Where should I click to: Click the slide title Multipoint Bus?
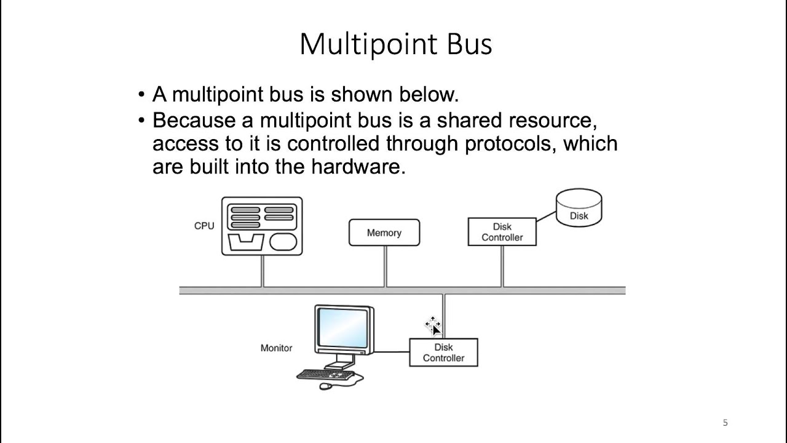395,44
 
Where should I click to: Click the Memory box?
384,233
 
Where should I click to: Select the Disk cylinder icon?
579,209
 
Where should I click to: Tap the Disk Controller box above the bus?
502,232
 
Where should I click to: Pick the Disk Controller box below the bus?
443,353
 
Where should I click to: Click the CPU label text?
204,226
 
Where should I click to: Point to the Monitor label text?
276,348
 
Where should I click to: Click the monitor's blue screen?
343,328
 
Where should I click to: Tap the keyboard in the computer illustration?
326,374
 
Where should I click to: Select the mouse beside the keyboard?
325,386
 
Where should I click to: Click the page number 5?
725,423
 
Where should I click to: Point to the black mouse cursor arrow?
435,330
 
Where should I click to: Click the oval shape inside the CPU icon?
283,242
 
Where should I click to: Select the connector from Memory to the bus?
386,266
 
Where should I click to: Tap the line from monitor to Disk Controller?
392,352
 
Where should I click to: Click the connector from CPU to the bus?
263,271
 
